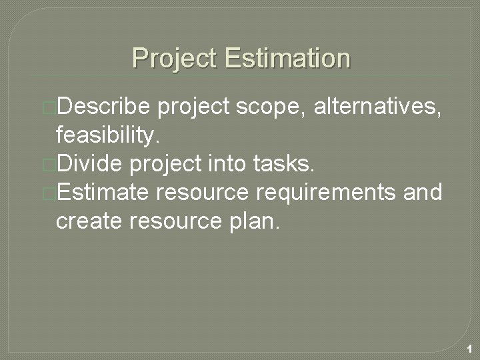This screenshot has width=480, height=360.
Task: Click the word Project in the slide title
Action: [175, 58]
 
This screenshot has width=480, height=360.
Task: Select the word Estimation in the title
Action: [287, 58]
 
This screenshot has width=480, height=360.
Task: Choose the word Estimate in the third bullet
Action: [105, 193]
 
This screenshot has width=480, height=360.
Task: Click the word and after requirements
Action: [423, 193]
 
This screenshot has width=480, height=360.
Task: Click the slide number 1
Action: [470, 349]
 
